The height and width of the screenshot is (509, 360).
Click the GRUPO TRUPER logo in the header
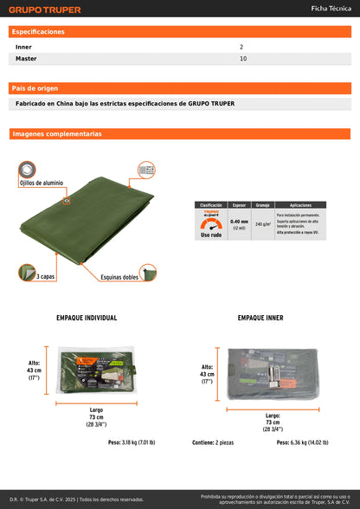click(x=45, y=10)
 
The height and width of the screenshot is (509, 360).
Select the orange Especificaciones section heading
click(x=38, y=31)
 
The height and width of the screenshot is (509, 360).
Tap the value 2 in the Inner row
click(x=241, y=47)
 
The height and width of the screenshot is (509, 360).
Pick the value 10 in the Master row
click(x=243, y=59)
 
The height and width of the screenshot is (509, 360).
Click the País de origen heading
click(x=35, y=88)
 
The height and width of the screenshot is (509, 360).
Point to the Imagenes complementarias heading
click(x=57, y=134)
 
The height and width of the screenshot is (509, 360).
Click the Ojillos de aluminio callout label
click(x=42, y=184)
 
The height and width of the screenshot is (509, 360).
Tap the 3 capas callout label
click(x=47, y=276)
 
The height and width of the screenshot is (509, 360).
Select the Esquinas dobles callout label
click(x=119, y=278)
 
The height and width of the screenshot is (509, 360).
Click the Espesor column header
click(x=239, y=205)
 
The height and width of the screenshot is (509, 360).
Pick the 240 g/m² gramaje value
click(x=263, y=224)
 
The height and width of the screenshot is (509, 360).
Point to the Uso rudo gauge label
click(x=211, y=235)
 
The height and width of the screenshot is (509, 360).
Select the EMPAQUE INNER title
click(x=260, y=318)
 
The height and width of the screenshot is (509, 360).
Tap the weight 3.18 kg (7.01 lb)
click(x=132, y=442)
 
